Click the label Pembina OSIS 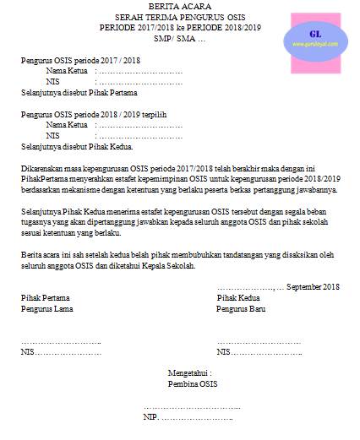(x=188, y=383)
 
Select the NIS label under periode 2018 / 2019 (x=53, y=135)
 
